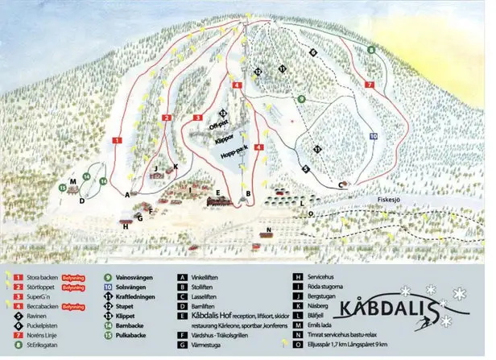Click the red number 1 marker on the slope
point(117,140)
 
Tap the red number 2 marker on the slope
point(166,118)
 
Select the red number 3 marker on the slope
point(197,118)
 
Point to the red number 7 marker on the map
point(370,84)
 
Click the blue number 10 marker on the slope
point(374,136)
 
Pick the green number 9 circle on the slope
point(300,99)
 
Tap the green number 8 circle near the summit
point(370,50)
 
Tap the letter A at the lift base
point(127,194)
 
